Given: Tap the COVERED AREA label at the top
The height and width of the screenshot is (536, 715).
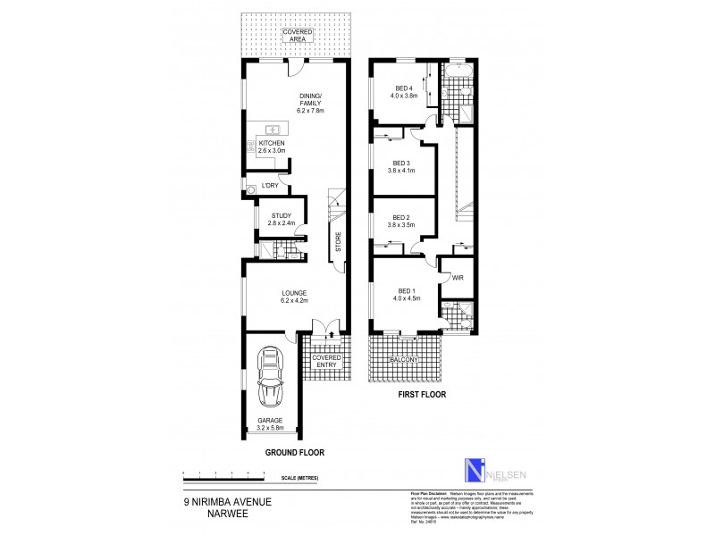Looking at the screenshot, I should point(297,36).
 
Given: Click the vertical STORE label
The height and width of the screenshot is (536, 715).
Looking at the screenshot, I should point(338,242).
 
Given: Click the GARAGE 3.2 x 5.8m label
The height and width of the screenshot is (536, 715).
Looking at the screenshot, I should point(269,423).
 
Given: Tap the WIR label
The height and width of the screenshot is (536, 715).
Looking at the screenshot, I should point(458,278).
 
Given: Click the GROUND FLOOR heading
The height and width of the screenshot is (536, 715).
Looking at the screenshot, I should point(294,453).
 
